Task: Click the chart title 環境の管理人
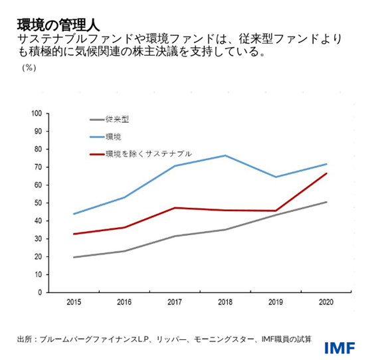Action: point(58,25)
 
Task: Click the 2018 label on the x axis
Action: point(225,302)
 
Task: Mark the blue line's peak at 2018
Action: point(225,155)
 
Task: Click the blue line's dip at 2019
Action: point(276,177)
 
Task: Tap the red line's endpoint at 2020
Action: point(326,173)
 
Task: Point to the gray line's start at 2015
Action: point(73,257)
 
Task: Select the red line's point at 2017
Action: point(175,208)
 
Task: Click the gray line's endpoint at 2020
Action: point(326,202)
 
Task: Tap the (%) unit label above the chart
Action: point(29,67)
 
